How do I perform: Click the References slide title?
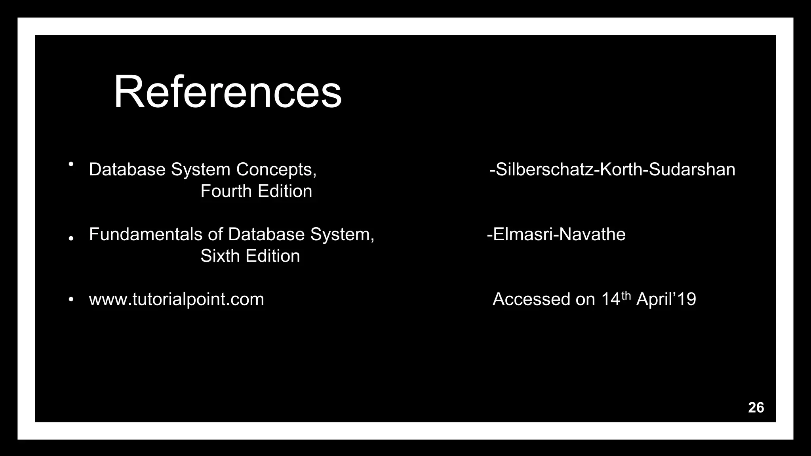227,92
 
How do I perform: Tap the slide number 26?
756,408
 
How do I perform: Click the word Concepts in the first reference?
276,170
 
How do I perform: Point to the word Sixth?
219,256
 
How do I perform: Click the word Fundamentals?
146,234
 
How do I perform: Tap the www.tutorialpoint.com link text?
176,299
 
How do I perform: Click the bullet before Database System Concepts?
71,164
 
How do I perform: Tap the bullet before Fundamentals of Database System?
71,238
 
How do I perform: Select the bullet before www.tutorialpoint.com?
71,300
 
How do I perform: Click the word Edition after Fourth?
285,191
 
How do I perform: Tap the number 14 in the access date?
610,299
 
